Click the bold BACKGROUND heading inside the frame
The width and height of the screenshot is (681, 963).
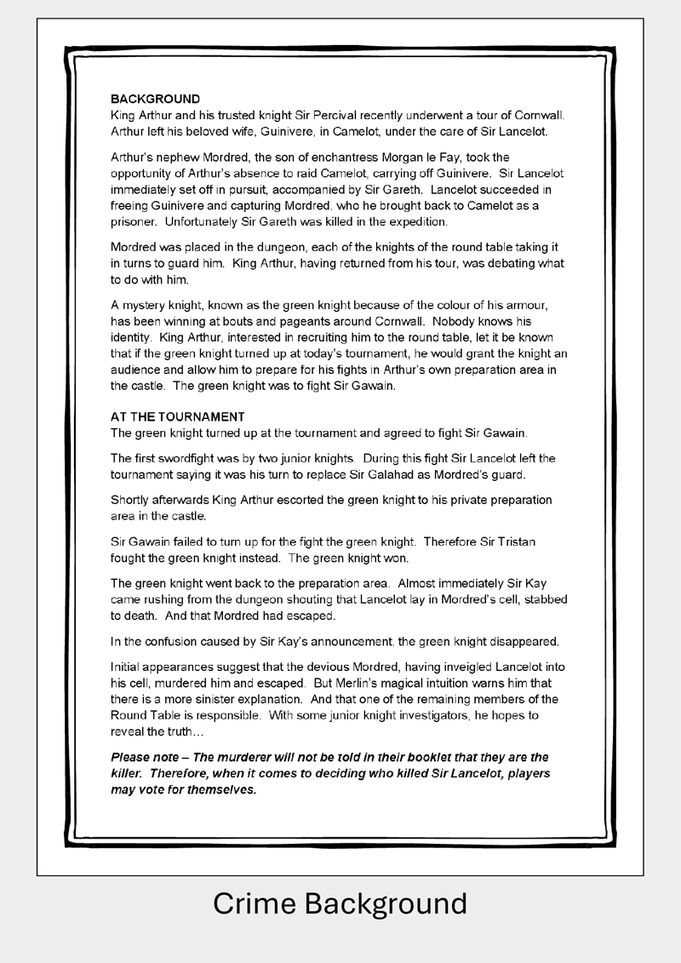tap(155, 99)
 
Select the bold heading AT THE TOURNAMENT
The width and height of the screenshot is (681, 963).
tap(177, 417)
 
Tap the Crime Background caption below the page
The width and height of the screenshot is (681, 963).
tap(340, 903)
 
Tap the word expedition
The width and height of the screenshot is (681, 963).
tap(416, 222)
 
